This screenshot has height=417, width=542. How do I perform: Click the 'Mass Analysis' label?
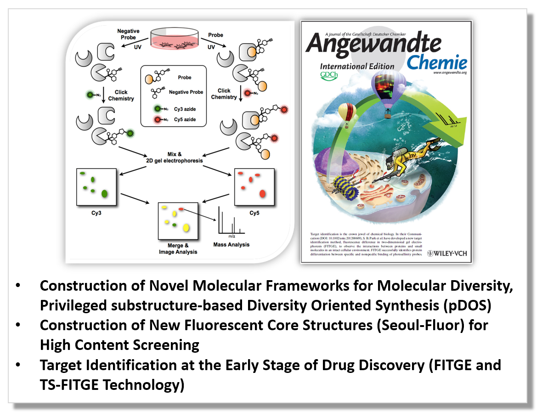(231, 244)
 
